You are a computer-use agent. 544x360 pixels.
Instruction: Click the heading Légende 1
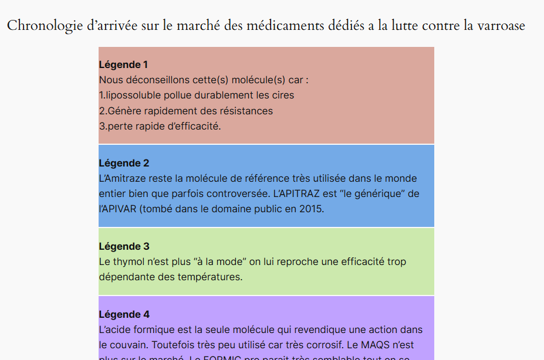pyautogui.click(x=123, y=64)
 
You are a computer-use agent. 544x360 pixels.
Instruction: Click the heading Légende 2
pyautogui.click(x=124, y=163)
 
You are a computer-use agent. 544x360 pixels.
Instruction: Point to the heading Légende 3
pyautogui.click(x=124, y=246)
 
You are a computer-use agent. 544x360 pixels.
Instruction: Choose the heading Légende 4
pyautogui.click(x=124, y=314)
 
